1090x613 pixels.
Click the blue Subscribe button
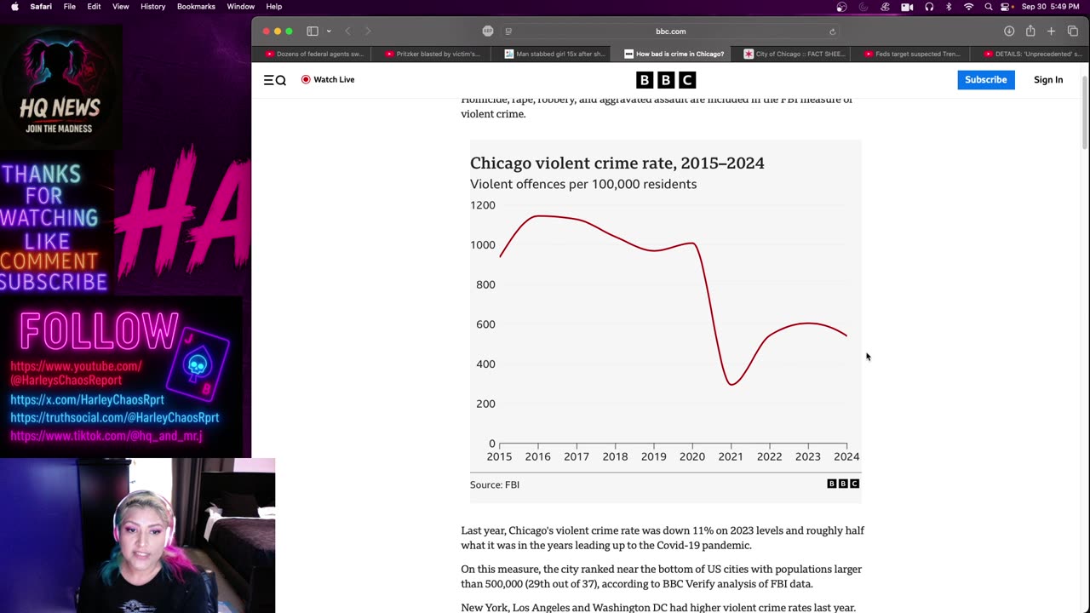(985, 80)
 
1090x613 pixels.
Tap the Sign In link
(1047, 80)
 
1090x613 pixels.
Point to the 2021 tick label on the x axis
(731, 457)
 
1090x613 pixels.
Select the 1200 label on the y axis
(482, 205)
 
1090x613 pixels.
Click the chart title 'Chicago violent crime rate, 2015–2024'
(617, 163)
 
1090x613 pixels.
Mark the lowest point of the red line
(731, 384)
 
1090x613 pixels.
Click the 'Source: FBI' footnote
(494, 484)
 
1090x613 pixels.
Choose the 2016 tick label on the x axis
(537, 457)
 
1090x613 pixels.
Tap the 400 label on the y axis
(485, 364)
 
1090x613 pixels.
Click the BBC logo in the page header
(666, 80)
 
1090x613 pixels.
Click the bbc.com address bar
(670, 32)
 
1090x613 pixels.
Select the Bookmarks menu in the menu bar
(196, 7)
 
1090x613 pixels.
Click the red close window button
(266, 32)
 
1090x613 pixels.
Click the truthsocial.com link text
(114, 418)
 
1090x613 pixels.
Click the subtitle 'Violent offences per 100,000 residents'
(582, 185)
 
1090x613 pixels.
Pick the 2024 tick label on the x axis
(846, 457)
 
